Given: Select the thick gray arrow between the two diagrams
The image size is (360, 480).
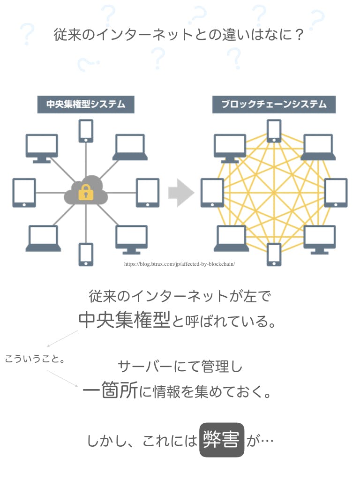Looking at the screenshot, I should pyautogui.click(x=181, y=193).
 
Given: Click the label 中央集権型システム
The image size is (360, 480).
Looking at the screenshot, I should pyautogui.click(x=86, y=104).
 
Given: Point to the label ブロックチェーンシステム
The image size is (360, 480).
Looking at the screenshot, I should pyautogui.click(x=274, y=104).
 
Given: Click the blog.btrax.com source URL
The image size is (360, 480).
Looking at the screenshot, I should pyautogui.click(x=180, y=264).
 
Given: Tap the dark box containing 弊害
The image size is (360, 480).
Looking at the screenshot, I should pyautogui.click(x=222, y=440).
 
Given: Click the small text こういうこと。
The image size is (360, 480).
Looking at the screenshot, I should pyautogui.click(x=35, y=359).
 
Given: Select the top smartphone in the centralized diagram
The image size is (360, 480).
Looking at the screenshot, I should pyautogui.click(x=86, y=131).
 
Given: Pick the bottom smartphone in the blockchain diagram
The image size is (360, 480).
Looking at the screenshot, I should pyautogui.click(x=274, y=255).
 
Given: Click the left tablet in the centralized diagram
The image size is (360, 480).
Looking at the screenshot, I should pyautogui.click(x=24, y=193).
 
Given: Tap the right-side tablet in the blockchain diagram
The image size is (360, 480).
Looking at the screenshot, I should pyautogui.click(x=336, y=193).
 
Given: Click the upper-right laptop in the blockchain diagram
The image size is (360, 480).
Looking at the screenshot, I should pyautogui.click(x=318, y=147).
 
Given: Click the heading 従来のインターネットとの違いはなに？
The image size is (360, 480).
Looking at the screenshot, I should pyautogui.click(x=180, y=35).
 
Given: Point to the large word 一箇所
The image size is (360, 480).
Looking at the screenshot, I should pyautogui.click(x=110, y=390).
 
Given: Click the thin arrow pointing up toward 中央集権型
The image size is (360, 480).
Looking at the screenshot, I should pyautogui.click(x=63, y=338).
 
